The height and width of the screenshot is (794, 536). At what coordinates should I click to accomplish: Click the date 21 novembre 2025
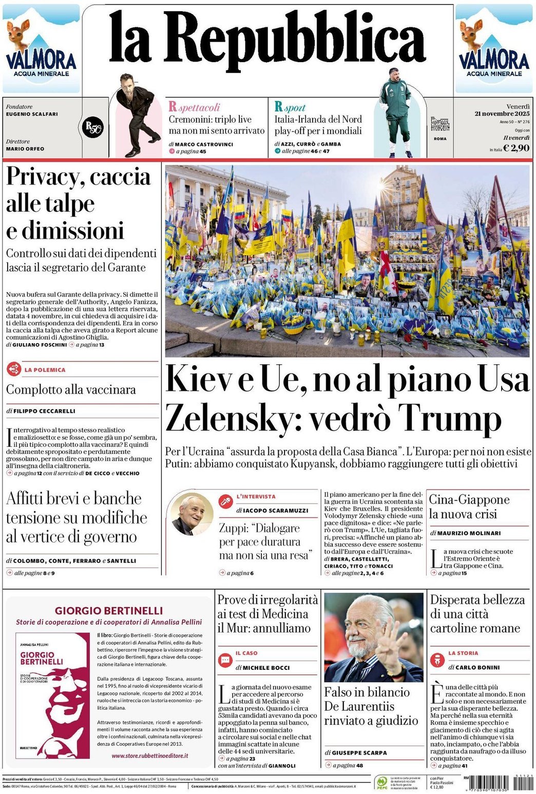pyautogui.click(x=502, y=113)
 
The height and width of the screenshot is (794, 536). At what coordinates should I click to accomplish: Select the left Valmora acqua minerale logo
pyautogui.click(x=41, y=49)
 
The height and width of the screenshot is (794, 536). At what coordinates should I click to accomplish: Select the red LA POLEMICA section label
pyautogui.click(x=45, y=370)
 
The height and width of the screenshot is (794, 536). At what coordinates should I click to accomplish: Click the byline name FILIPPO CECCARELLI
pyautogui.click(x=44, y=411)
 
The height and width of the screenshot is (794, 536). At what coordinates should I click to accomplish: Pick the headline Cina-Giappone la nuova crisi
pyautogui.click(x=469, y=507)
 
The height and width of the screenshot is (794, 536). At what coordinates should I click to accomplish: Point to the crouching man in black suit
pyautogui.click(x=135, y=115)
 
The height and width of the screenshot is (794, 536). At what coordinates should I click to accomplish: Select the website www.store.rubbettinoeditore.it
pyautogui.click(x=149, y=756)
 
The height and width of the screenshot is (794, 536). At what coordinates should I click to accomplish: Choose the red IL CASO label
pyautogui.click(x=246, y=653)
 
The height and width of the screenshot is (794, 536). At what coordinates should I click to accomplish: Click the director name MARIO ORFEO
pyautogui.click(x=25, y=149)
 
